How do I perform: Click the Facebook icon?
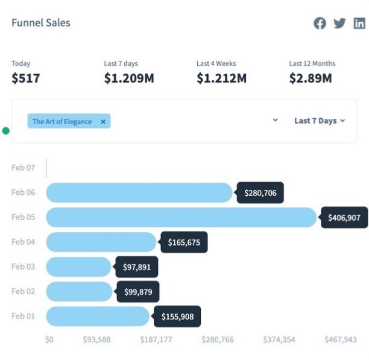[320, 24]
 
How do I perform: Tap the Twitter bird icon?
[339, 24]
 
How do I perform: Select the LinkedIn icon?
[359, 24]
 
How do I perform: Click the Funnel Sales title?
[41, 23]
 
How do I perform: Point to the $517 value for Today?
[25, 78]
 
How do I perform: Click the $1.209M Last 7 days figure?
[128, 78]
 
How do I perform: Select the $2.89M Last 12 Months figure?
[310, 78]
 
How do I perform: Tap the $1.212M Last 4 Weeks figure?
[221, 78]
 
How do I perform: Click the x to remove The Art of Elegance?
[103, 121]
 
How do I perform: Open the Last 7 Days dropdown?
[320, 121]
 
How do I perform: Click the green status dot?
[6, 131]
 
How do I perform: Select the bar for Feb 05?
[181, 217]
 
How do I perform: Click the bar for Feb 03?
[78, 267]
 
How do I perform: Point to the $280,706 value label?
[260, 193]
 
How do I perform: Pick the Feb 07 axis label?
[23, 168]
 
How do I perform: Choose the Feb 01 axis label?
[23, 316]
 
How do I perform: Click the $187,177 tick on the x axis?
[157, 339]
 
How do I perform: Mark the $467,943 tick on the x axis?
[341, 339]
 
